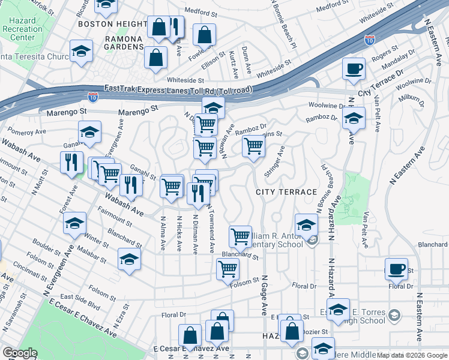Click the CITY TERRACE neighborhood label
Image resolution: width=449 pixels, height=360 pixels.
[x=286, y=191]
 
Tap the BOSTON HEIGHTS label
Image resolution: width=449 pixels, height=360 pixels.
[x=112, y=24]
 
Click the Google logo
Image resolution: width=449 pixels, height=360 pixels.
[x=20, y=353]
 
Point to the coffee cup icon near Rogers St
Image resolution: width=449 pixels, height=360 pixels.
[x=354, y=67]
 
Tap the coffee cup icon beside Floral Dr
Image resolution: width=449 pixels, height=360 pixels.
[x=396, y=269]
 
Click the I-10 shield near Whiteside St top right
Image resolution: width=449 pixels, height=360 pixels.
[x=370, y=40]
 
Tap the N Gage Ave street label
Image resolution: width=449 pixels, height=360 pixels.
[x=264, y=295]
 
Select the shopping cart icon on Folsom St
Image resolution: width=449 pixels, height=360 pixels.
[x=228, y=269]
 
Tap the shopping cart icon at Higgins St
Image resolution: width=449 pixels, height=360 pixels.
[x=253, y=146]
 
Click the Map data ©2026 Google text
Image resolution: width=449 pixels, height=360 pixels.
[x=411, y=355]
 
